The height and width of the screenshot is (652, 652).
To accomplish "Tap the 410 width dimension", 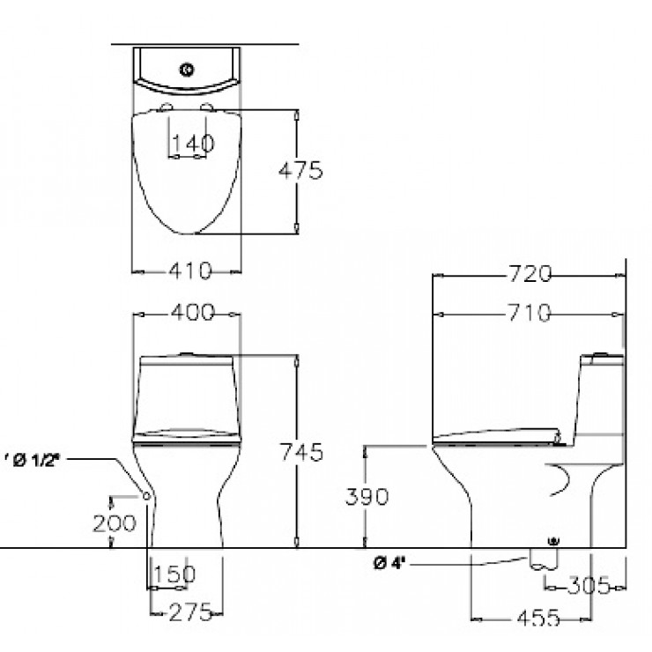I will tap(187, 271).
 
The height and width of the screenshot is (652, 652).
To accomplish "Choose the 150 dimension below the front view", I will tap(174, 574).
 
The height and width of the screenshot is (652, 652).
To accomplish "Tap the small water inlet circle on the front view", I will tap(146, 500).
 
